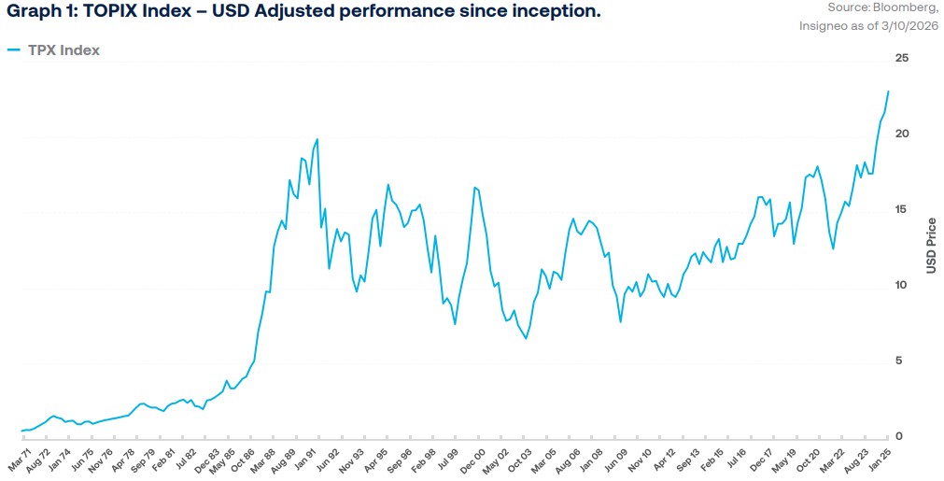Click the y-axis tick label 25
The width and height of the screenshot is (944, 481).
902,59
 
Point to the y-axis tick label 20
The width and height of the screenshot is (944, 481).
902,134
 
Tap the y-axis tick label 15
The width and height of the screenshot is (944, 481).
902,210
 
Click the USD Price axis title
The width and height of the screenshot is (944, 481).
931,247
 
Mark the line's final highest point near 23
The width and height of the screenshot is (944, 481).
888,92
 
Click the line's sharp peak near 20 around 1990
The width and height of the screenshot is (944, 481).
317,139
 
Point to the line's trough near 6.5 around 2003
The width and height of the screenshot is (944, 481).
526,338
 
